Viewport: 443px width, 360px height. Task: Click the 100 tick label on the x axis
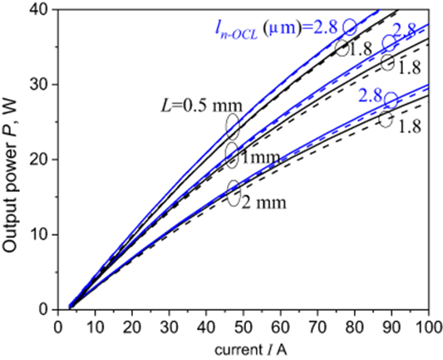coord(428,322)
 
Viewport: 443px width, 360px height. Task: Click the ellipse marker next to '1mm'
coord(232,154)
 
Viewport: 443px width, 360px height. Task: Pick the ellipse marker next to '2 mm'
coord(233,192)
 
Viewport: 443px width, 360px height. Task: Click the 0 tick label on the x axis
coord(55,322)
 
